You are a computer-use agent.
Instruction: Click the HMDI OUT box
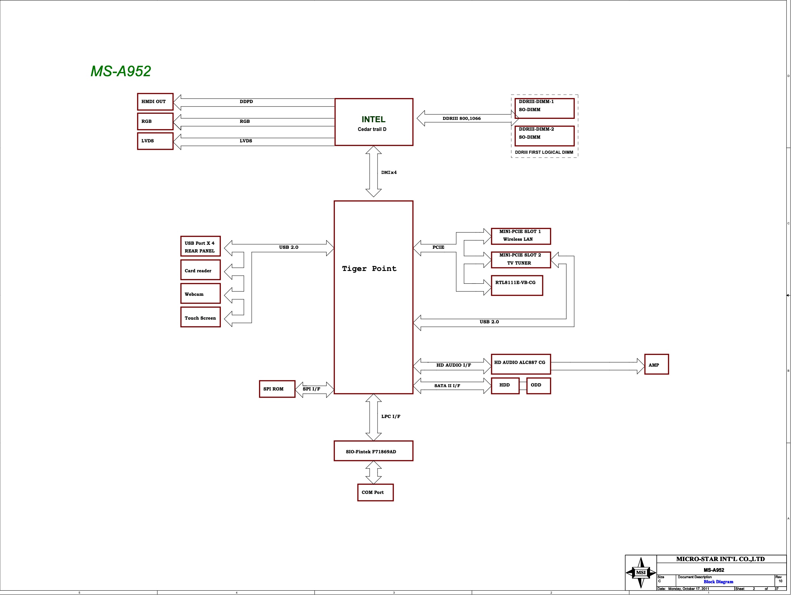(155, 101)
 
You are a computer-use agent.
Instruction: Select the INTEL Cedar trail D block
(373, 122)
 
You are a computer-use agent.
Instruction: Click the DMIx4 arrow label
(389, 173)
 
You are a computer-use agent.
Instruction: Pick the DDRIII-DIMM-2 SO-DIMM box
(544, 136)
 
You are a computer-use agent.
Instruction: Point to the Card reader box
(200, 270)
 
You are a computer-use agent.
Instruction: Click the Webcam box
(200, 293)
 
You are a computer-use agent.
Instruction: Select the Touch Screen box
(200, 317)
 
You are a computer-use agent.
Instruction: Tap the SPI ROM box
(277, 389)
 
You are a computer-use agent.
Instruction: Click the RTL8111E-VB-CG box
(516, 286)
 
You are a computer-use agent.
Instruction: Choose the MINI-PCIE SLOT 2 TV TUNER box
(520, 260)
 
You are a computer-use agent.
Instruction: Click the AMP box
(656, 365)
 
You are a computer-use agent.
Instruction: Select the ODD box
(538, 386)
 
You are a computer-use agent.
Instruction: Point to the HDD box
(505, 386)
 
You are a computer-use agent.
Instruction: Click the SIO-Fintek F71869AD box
(373, 451)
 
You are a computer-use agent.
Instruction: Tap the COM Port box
(375, 492)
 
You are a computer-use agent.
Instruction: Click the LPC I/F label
(391, 416)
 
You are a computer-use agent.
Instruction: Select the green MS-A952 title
(120, 71)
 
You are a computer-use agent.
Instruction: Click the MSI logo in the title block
(641, 572)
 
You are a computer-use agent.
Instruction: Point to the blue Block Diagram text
(718, 582)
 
